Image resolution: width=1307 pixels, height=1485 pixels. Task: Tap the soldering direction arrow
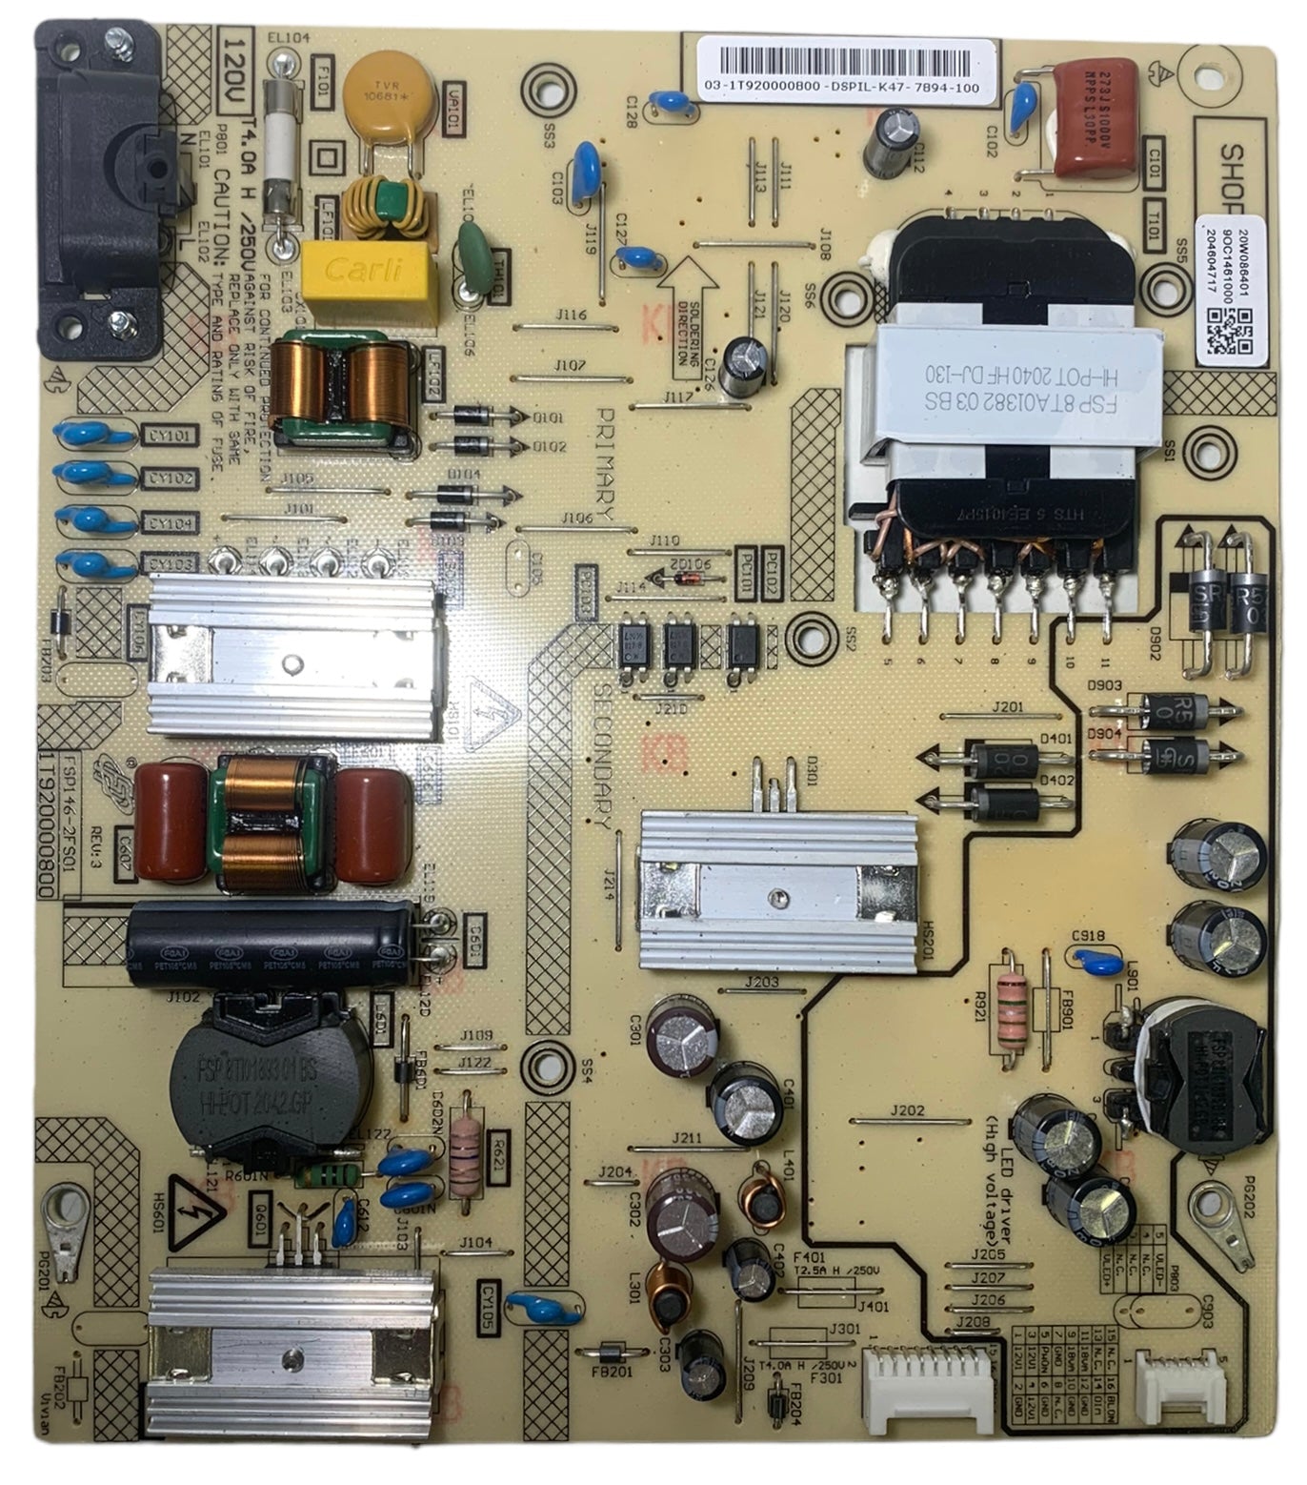click(693, 316)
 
